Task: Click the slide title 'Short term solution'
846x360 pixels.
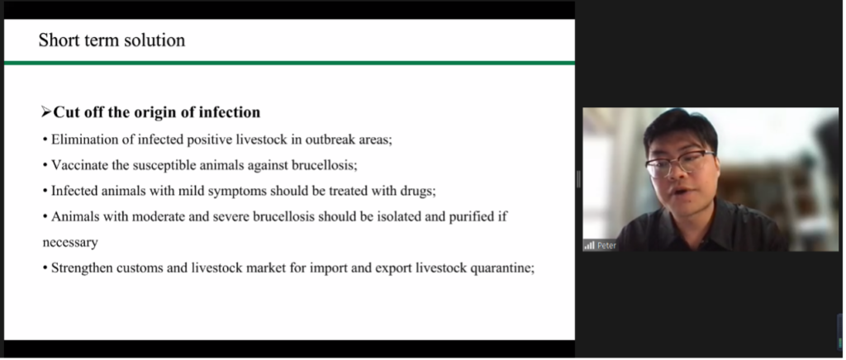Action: [112, 40]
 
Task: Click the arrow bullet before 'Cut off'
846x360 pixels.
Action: [46, 112]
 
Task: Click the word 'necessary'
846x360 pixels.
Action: [70, 243]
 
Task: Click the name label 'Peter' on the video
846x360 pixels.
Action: [606, 246]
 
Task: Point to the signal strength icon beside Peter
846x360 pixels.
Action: [590, 246]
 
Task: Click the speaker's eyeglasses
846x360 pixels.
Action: [680, 163]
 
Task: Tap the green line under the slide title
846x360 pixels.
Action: [289, 63]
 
